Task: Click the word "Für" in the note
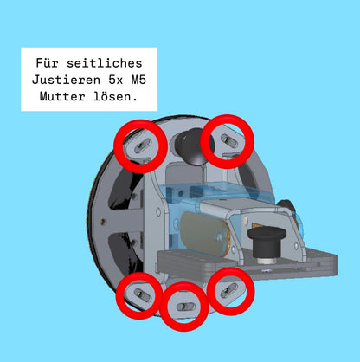pos(47,63)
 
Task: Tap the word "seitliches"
pos(105,63)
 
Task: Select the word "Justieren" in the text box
pos(66,80)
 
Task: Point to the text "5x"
pos(116,80)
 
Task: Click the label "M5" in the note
pos(138,80)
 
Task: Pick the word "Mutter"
pos(62,96)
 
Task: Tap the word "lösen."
pos(115,96)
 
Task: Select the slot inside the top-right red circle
pos(229,140)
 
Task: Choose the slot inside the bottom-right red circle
pos(229,290)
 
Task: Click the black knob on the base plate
pos(267,242)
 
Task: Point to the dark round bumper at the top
pos(192,146)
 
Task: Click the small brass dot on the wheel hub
pos(103,222)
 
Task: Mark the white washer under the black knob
pos(267,261)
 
